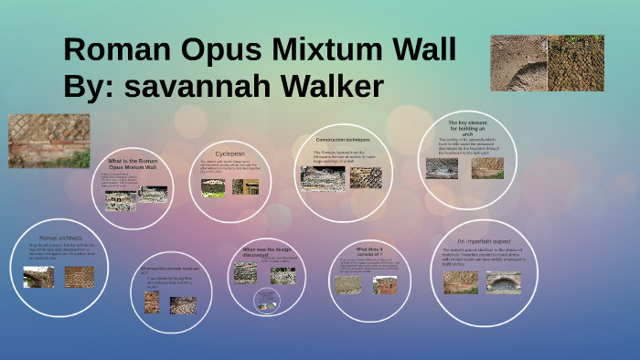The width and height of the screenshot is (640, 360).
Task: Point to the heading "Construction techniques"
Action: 342,139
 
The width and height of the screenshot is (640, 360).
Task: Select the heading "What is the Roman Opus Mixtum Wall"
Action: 133,164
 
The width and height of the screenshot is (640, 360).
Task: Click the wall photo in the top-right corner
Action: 547,63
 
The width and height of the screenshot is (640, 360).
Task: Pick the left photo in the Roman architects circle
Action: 39,277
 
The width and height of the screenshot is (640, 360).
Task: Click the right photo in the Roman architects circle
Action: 80,277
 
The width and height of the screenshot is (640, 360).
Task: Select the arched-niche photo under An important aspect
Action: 503,281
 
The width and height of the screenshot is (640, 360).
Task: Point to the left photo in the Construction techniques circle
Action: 323,177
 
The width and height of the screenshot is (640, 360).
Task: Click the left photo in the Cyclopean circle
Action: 213,187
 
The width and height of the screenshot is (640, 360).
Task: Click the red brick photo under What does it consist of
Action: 385,284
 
